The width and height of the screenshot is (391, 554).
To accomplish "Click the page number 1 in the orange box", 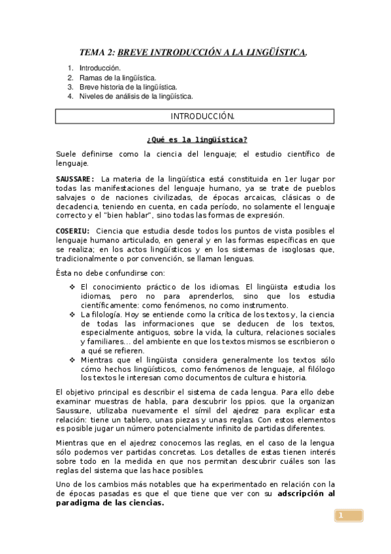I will (340, 517).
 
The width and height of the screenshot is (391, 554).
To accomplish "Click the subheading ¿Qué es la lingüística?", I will (196, 139).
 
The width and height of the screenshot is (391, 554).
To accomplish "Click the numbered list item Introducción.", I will (100, 68).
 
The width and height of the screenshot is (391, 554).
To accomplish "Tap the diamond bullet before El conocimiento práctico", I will (72, 287).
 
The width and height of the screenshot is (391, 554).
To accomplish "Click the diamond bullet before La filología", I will (72, 314).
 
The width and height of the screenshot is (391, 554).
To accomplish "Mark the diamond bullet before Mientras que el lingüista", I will (72, 360).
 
